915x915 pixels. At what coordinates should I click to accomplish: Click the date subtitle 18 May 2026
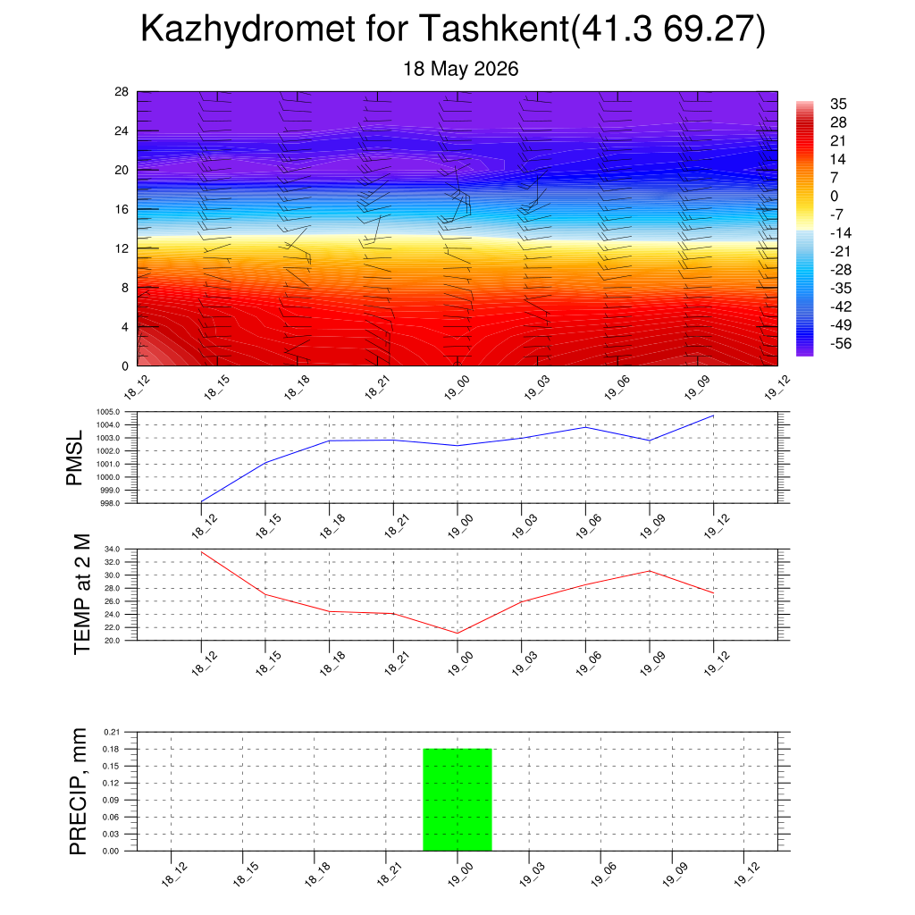pyautogui.click(x=460, y=69)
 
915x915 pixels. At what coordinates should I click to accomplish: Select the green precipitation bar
pyautogui.click(x=457, y=800)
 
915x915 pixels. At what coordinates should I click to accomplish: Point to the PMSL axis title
pyautogui.click(x=75, y=458)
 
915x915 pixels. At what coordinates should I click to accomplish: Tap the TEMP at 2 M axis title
pyautogui.click(x=82, y=594)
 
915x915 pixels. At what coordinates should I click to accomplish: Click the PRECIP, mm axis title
pyautogui.click(x=78, y=792)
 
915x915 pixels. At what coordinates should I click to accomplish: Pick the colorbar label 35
pyautogui.click(x=838, y=104)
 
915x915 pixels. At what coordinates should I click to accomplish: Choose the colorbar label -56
pyautogui.click(x=841, y=343)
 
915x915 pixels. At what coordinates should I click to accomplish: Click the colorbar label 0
pyautogui.click(x=834, y=196)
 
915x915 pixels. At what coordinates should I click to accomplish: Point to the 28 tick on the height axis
pyautogui.click(x=122, y=92)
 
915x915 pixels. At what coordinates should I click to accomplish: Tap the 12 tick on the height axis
pyautogui.click(x=122, y=248)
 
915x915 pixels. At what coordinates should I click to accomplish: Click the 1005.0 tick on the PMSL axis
pyautogui.click(x=108, y=412)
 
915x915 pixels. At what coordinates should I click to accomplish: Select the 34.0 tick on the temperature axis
pyautogui.click(x=112, y=550)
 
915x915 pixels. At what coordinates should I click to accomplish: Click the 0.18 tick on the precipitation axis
pyautogui.click(x=112, y=749)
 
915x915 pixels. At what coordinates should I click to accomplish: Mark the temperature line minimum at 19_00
pyautogui.click(x=457, y=634)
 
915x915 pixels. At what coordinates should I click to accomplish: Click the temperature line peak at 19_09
pyautogui.click(x=650, y=571)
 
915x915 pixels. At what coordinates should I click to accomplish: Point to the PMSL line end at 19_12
pyautogui.click(x=714, y=416)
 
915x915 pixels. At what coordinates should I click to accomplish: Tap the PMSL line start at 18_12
pyautogui.click(x=201, y=502)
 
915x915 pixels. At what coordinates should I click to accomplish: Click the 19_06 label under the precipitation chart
pyautogui.click(x=603, y=875)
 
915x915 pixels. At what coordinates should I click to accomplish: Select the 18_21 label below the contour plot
pyautogui.click(x=377, y=388)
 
